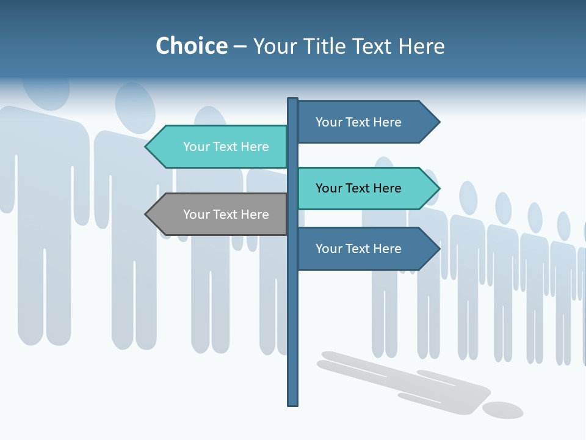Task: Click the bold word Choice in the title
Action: click(x=191, y=46)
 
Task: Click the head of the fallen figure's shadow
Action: click(x=502, y=410)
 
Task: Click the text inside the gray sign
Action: click(x=226, y=215)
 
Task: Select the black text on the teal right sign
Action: click(x=358, y=188)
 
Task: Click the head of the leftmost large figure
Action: click(x=46, y=92)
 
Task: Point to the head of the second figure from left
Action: click(x=135, y=108)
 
